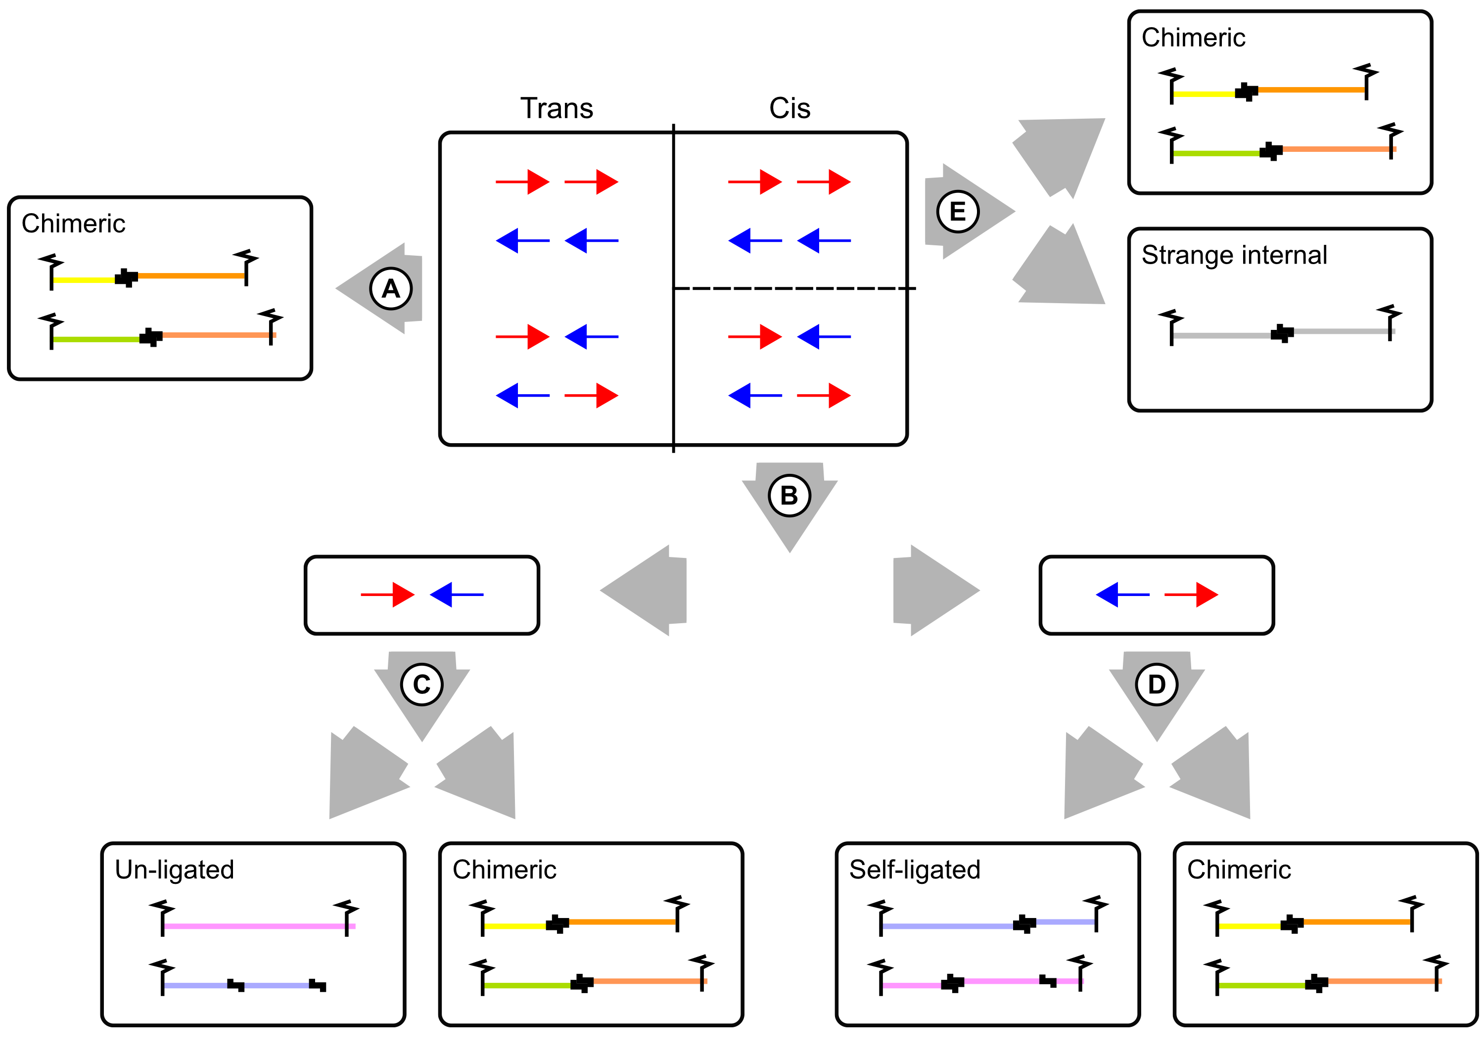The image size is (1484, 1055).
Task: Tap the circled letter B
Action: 789,496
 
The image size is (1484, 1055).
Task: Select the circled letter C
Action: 421,684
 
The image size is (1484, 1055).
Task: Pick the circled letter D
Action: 1157,684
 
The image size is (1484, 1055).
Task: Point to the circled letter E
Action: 958,212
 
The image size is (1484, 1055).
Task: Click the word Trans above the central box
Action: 557,108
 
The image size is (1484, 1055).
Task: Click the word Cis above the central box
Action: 789,108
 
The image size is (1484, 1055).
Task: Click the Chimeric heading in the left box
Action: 73,224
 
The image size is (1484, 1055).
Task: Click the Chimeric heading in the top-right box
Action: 1194,38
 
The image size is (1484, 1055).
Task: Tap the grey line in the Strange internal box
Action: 1283,334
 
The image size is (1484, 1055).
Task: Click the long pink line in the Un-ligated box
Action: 259,926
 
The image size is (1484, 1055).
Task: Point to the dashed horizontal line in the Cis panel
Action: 794,288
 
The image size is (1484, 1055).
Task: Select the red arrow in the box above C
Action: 387,595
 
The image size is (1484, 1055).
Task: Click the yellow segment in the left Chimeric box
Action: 85,280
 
